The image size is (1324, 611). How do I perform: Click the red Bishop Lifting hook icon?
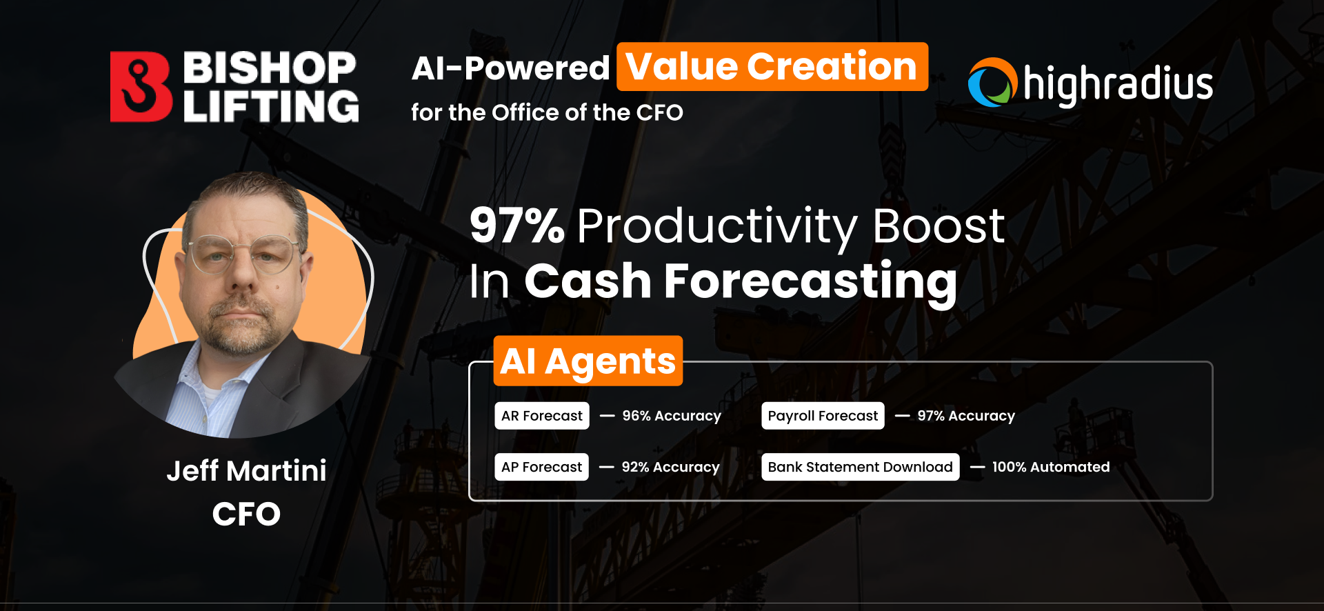point(141,87)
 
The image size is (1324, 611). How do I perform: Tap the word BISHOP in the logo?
point(270,68)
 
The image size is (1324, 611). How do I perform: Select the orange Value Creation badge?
point(772,67)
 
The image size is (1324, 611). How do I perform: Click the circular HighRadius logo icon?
point(992,83)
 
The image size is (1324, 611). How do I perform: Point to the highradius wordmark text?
point(1118,85)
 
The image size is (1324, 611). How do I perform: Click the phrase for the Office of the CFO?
point(547,112)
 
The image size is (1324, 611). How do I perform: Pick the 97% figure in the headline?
point(517,226)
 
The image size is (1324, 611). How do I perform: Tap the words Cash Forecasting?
point(741,282)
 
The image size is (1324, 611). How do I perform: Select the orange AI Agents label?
point(588,361)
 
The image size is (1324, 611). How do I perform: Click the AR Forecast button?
point(542,416)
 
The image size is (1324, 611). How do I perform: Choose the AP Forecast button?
point(541,467)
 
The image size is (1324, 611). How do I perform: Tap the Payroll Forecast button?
point(823,416)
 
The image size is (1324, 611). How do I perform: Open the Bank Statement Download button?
point(861,467)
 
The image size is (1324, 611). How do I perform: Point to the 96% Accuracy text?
point(672,416)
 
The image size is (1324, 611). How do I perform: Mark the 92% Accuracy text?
point(670,467)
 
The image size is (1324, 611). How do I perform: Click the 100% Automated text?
point(1051,467)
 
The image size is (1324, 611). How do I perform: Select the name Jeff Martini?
point(247,471)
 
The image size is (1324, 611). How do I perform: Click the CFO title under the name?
point(246,514)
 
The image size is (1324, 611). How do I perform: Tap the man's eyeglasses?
point(242,254)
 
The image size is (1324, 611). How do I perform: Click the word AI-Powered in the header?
point(511,68)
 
